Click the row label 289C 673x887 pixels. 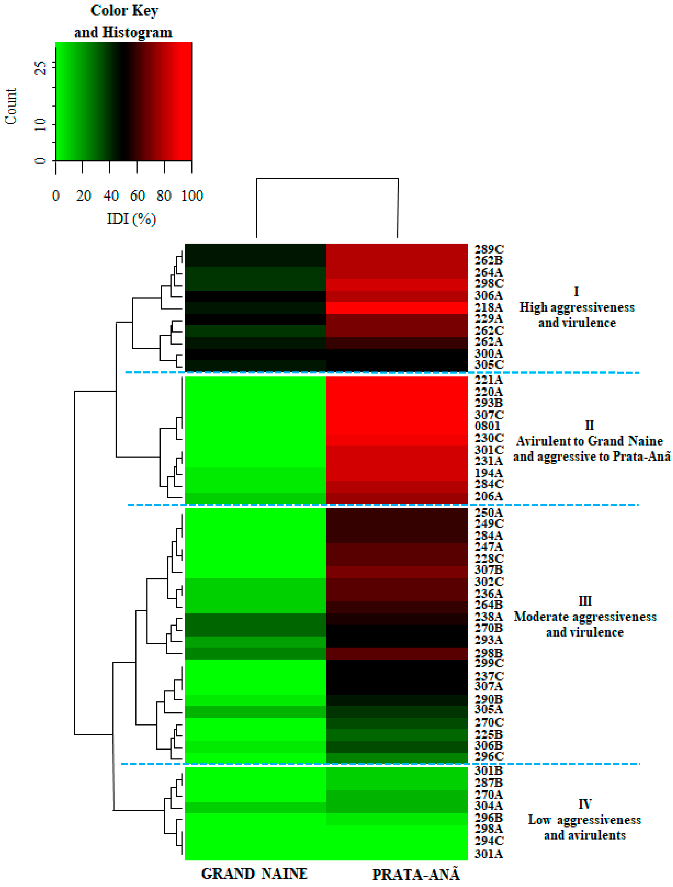pyautogui.click(x=489, y=249)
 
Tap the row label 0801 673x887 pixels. pyautogui.click(x=487, y=426)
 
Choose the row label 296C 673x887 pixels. pyautogui.click(x=489, y=756)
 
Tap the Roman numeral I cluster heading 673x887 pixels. pyautogui.click(x=576, y=292)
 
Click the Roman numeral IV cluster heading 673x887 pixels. pyautogui.click(x=585, y=804)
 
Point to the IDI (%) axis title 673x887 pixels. pyautogui.click(x=131, y=219)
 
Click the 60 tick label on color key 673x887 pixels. pyautogui.click(x=137, y=196)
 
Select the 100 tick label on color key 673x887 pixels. pyautogui.click(x=192, y=196)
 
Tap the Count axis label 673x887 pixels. pyautogui.click(x=11, y=106)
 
